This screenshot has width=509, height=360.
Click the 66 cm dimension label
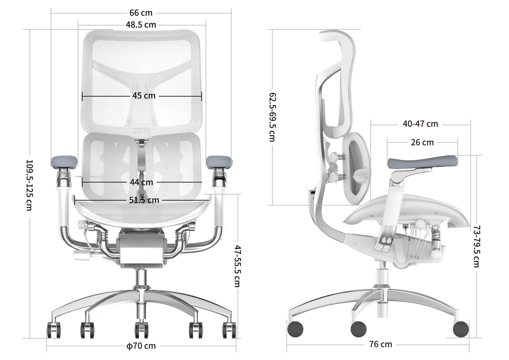tap(141, 13)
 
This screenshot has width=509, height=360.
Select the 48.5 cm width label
tap(141, 25)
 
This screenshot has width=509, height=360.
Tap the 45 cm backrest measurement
tap(144, 96)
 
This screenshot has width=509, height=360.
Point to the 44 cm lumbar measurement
tap(141, 182)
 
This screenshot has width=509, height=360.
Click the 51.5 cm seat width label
tap(144, 200)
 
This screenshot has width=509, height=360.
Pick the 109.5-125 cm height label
tap(29, 184)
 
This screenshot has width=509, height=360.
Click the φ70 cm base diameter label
tap(141, 346)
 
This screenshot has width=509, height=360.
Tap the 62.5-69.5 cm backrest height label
tap(272, 117)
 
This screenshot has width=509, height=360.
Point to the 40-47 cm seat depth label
tap(420, 124)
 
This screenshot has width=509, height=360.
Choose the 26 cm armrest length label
tap(422, 142)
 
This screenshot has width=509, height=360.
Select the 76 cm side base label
tap(380, 344)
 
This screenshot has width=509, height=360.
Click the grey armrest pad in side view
tap(422, 162)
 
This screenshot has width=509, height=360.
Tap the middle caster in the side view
tap(358, 328)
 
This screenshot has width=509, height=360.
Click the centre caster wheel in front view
tap(141, 329)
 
